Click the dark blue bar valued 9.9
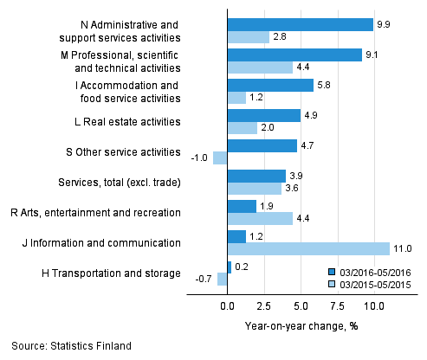click(x=300, y=24)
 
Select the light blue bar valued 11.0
click(x=308, y=249)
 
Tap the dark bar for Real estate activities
click(x=263, y=115)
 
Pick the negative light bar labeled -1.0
click(x=220, y=157)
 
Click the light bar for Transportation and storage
click(x=223, y=279)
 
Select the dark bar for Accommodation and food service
click(x=269, y=85)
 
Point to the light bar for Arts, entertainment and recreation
click(x=260, y=218)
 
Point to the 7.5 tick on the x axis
click(x=337, y=305)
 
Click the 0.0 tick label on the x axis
click(x=227, y=305)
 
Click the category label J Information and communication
click(x=110, y=243)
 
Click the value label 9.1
click(x=373, y=55)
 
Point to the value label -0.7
click(x=204, y=279)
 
